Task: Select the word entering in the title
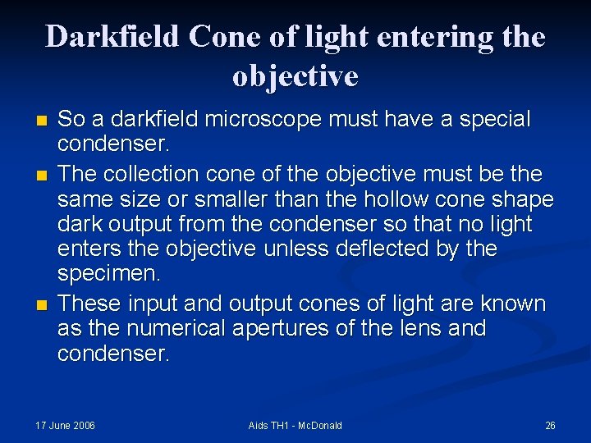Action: coord(421,38)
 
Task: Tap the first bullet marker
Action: coord(42,120)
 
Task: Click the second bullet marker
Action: coord(42,175)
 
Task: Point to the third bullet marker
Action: coord(42,304)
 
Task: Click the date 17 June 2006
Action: coord(65,425)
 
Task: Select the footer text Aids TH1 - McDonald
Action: coord(295,425)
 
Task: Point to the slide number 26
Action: coord(550,425)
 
